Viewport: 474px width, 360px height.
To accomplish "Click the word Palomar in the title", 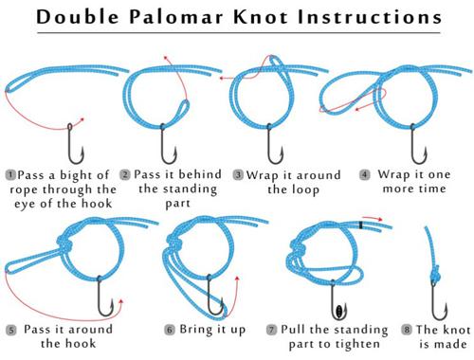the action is [x=176, y=16].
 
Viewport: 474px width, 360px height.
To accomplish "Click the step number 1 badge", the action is [x=10, y=174].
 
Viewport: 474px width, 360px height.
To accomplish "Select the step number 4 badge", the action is [x=364, y=174].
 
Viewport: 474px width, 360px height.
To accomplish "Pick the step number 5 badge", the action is [x=11, y=331].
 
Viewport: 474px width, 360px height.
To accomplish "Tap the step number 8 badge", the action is [x=407, y=330].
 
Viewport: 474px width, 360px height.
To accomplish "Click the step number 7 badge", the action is [x=271, y=331].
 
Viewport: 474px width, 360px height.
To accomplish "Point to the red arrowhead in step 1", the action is [x=82, y=119].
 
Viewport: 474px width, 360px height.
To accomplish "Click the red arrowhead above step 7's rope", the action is [x=379, y=219].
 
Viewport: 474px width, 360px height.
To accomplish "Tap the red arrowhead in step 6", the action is [x=237, y=279].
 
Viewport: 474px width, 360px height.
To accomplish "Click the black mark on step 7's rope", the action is [x=360, y=225].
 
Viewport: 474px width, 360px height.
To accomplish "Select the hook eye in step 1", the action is [x=70, y=127].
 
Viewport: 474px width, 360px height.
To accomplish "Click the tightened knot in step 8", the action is [x=436, y=276].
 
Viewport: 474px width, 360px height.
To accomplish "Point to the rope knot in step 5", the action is [x=64, y=243].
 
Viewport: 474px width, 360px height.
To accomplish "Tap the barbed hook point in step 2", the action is [x=174, y=153].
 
